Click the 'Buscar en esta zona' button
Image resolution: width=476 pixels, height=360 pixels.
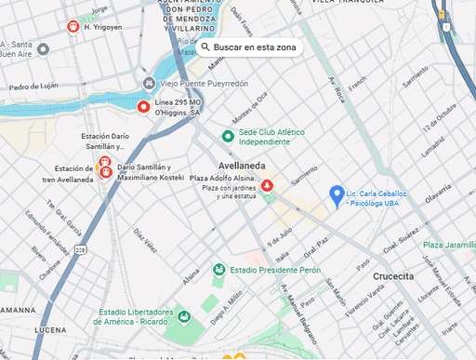coord(250,47)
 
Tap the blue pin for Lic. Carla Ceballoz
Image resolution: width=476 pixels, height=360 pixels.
coord(337,193)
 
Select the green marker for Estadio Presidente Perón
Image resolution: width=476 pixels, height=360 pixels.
coord(219,271)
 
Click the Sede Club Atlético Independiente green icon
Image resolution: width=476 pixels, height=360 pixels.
coord(229,136)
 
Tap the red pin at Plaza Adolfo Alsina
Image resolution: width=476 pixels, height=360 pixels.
coord(268,186)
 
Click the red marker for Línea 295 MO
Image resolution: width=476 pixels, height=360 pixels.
coord(143,107)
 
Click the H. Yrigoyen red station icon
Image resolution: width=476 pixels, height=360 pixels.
coord(73,27)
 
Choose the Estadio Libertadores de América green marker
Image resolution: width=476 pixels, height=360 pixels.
coord(184,317)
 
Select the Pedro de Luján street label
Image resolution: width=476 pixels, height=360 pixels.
coord(33,87)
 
